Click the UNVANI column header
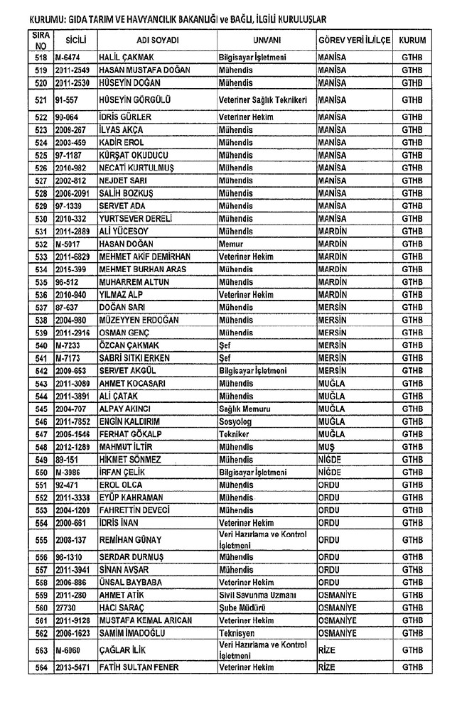coord(265,40)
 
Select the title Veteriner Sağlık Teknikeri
coord(262,100)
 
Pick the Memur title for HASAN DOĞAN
coord(232,244)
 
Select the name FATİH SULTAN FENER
coord(139,667)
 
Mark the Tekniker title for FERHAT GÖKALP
coord(235,434)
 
